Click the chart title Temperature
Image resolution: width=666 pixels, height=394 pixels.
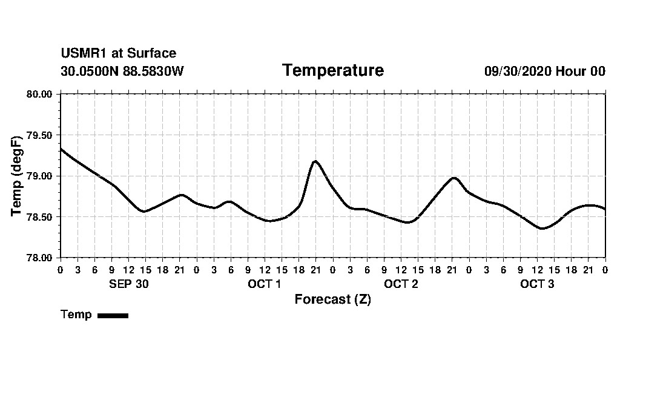[x=333, y=70]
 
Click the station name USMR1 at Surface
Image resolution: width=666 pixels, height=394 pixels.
[x=119, y=53]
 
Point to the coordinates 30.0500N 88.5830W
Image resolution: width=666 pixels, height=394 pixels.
[x=122, y=71]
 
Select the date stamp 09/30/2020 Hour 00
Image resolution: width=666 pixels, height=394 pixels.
[x=544, y=71]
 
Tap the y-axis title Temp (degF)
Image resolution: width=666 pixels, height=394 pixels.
[x=16, y=176]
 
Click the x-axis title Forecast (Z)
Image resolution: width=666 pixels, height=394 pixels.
[x=332, y=299]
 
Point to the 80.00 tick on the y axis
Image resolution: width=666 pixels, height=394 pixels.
[x=40, y=94]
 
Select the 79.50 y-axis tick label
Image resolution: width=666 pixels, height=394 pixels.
[x=40, y=135]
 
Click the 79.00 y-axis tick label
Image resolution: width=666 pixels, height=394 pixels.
[x=40, y=176]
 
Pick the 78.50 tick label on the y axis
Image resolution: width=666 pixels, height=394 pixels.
[x=40, y=217]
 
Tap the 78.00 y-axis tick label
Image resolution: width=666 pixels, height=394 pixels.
[x=40, y=258]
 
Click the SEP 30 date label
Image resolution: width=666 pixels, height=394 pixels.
[x=128, y=284]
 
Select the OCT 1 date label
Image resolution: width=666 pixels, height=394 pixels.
[x=265, y=284]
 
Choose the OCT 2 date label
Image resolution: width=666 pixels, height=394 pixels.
[x=401, y=284]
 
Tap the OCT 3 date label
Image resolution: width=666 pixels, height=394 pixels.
[x=537, y=284]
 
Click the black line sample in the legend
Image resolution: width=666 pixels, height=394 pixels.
[x=113, y=315]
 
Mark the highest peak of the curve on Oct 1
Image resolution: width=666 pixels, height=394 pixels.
[x=315, y=161]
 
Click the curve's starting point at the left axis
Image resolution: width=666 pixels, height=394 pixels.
[x=61, y=149]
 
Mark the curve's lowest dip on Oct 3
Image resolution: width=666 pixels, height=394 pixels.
[x=542, y=229]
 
